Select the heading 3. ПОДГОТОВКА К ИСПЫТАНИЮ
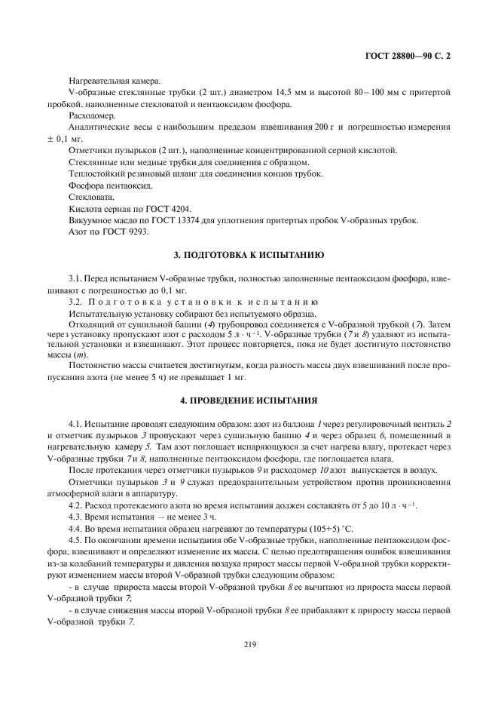249,256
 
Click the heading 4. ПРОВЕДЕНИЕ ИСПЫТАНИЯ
249,399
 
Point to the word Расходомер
92,115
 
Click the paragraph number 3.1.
75,278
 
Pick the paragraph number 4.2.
75,504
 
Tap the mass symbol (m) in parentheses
82,355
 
